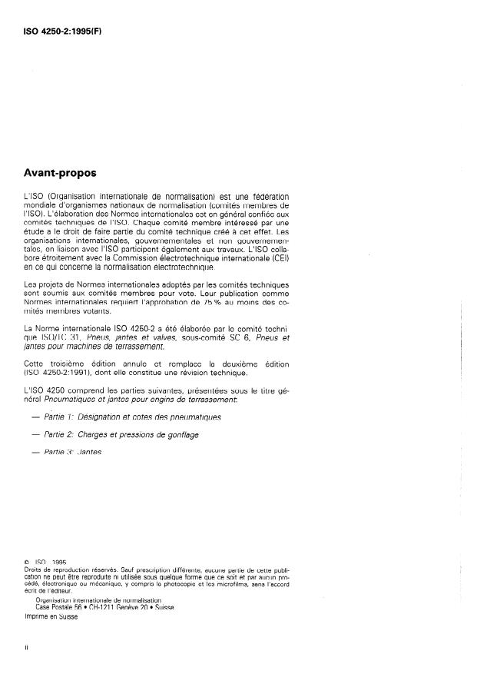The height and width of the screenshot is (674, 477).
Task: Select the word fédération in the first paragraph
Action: click(268, 197)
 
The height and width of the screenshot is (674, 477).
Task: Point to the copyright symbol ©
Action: click(27, 562)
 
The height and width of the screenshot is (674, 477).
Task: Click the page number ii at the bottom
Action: click(27, 647)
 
